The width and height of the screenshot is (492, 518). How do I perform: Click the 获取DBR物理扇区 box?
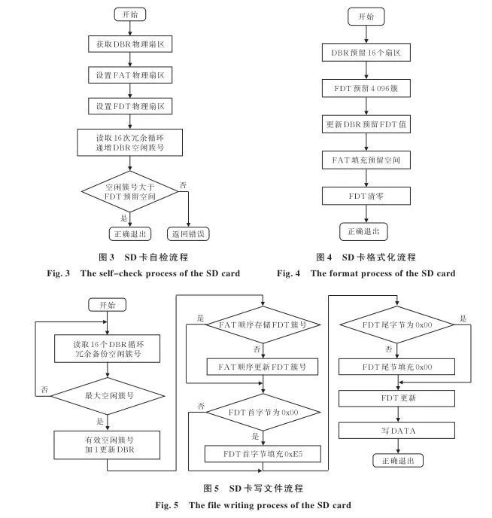pyautogui.click(x=129, y=45)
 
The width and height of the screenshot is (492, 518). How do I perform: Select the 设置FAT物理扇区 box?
pyautogui.click(x=129, y=75)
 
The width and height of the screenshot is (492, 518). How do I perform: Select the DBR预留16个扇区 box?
pyautogui.click(x=366, y=54)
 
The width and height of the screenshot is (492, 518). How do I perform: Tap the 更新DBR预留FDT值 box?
pyautogui.click(x=366, y=125)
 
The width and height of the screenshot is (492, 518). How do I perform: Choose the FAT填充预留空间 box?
pyautogui.click(x=366, y=160)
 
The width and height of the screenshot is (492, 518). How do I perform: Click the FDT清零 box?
pyautogui.click(x=366, y=196)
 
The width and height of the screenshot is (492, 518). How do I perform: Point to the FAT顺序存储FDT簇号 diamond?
pyautogui.click(x=263, y=326)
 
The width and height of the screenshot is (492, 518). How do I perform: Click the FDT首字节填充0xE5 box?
pyautogui.click(x=263, y=454)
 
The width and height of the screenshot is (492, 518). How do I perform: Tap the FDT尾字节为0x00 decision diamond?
pyautogui.click(x=396, y=326)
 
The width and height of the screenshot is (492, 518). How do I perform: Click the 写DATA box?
pyautogui.click(x=396, y=431)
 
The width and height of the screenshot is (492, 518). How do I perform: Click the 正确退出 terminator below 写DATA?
pyautogui.click(x=396, y=461)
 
